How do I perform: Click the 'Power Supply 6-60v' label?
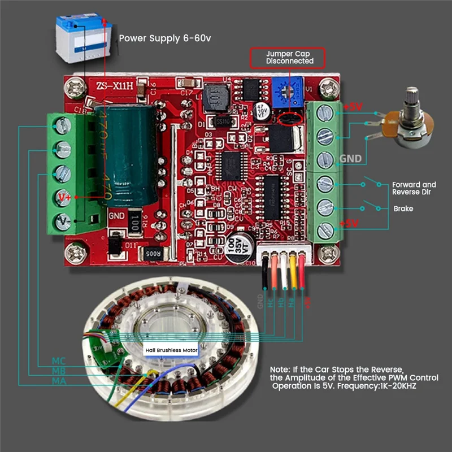[x=165, y=39]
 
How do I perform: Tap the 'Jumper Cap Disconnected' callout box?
[x=289, y=57]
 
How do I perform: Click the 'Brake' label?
[x=403, y=208]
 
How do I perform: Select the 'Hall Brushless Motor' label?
[x=172, y=350]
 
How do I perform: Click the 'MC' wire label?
[x=59, y=360]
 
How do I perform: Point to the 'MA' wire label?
[x=59, y=381]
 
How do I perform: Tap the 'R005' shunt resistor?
[x=154, y=254]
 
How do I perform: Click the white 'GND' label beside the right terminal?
[x=350, y=158]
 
